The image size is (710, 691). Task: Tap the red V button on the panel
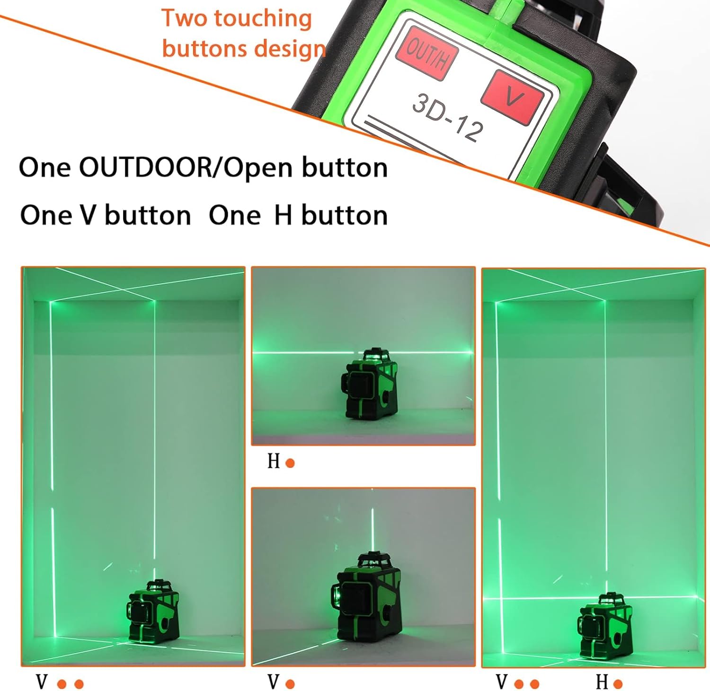pyautogui.click(x=512, y=97)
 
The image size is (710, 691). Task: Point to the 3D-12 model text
pyautogui.click(x=448, y=116)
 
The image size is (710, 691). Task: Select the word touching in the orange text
pyautogui.click(x=263, y=19)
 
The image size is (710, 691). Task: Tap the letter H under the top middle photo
pyautogui.click(x=274, y=461)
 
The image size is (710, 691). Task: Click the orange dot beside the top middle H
pyautogui.click(x=290, y=463)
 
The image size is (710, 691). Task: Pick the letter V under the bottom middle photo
pyautogui.click(x=274, y=682)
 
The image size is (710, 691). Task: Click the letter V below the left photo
pyautogui.click(x=42, y=682)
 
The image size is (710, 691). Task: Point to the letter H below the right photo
pyautogui.click(x=602, y=682)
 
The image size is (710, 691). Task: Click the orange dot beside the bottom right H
pyautogui.click(x=618, y=684)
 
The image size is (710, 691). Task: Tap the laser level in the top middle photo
pyautogui.click(x=369, y=384)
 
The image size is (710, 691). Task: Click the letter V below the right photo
pyautogui.click(x=502, y=682)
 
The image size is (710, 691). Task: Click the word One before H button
pyautogui.click(x=234, y=215)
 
